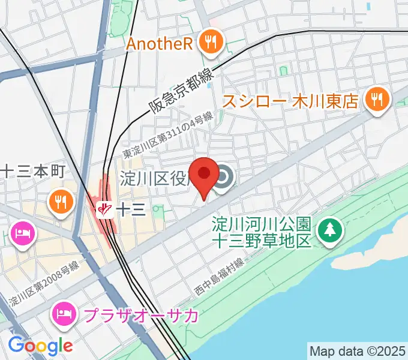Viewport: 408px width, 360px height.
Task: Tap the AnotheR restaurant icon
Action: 211,42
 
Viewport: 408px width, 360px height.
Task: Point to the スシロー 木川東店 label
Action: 290,100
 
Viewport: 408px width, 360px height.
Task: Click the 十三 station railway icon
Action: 106,209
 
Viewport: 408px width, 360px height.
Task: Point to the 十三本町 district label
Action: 31,170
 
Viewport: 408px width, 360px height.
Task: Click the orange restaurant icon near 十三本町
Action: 61,200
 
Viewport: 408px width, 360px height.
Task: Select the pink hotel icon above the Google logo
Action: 23,232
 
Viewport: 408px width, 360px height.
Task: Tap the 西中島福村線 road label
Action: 218,276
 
